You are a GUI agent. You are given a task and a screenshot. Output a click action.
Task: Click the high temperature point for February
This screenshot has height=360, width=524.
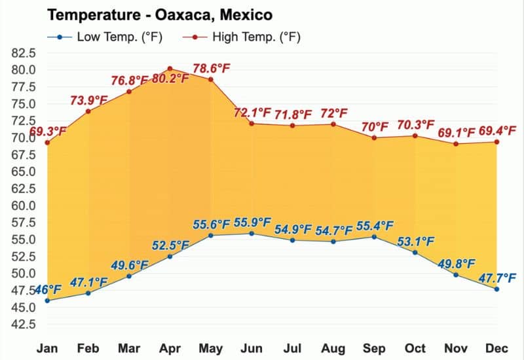coord(88,111)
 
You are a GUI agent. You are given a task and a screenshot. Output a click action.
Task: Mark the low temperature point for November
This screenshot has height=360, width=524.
coord(456,274)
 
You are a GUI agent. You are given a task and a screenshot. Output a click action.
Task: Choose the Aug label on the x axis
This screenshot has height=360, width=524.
coord(333,348)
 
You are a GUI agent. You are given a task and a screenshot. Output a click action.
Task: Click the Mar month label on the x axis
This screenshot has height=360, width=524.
coord(129,348)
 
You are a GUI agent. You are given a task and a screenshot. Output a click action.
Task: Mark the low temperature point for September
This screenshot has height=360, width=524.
coord(374,236)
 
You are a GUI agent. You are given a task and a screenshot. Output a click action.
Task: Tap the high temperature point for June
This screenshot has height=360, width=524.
coord(252,123)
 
